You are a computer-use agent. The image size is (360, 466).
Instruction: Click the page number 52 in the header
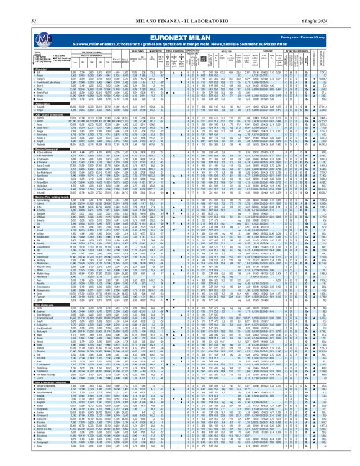(x=13, y=6)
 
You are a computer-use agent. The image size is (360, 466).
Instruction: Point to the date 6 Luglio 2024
(x=338, y=6)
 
